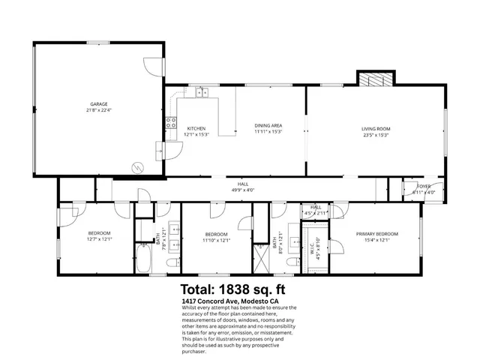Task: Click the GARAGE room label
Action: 99,103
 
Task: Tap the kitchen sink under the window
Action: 202,93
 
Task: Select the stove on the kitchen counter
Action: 171,121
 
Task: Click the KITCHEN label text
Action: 196,128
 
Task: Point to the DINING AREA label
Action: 267,125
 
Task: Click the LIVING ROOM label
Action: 376,128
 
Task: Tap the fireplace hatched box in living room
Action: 373,79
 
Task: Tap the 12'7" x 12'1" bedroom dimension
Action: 99,239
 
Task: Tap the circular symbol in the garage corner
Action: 136,166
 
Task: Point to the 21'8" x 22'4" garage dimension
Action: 99,110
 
